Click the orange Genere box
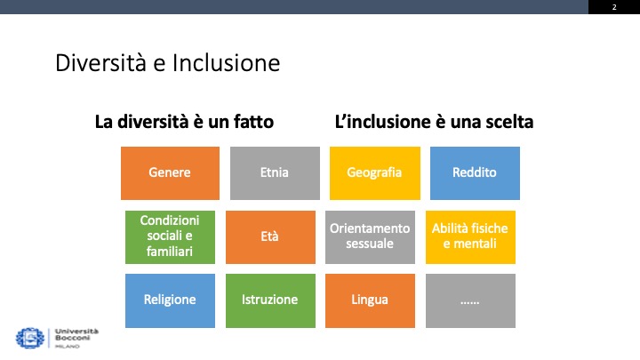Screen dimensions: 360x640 pyautogui.click(x=170, y=172)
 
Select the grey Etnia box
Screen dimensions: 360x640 pyautogui.click(x=276, y=172)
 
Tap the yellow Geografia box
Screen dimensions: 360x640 pyautogui.click(x=375, y=172)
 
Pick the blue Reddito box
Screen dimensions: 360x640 pyautogui.click(x=475, y=172)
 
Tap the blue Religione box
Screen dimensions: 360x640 pyautogui.click(x=170, y=300)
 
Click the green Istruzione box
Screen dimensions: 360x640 pyautogui.click(x=269, y=300)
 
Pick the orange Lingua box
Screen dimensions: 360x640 pyautogui.click(x=370, y=300)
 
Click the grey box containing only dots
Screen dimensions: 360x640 pyautogui.click(x=470, y=300)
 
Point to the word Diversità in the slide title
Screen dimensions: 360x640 pyautogui.click(x=92, y=64)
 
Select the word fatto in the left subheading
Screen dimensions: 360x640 pyautogui.click(x=250, y=122)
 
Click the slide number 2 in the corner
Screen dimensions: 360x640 pyautogui.click(x=613, y=7)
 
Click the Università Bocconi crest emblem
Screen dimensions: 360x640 pyautogui.click(x=29, y=337)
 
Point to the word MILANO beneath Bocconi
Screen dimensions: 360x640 pyautogui.click(x=67, y=346)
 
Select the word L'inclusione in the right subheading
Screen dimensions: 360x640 pyautogui.click(x=377, y=122)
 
